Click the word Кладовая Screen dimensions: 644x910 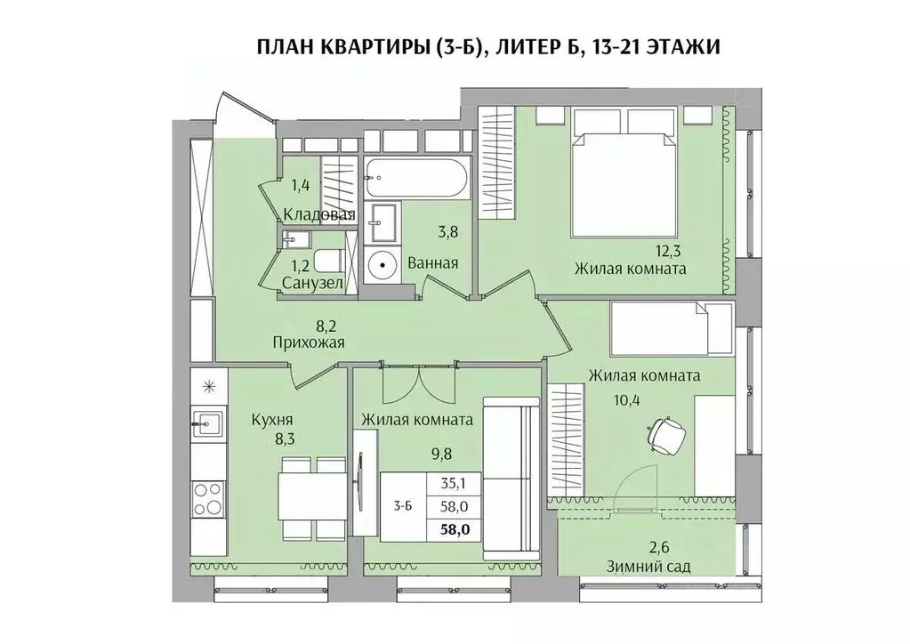(x=319, y=215)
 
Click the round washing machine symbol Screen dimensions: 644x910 (x=383, y=264)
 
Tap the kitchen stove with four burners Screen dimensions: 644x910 (x=208, y=497)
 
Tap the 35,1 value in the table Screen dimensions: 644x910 (x=455, y=485)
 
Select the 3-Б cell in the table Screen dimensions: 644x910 (x=402, y=507)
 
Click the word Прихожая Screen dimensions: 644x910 (x=308, y=342)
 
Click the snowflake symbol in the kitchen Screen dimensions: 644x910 (x=209, y=385)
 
